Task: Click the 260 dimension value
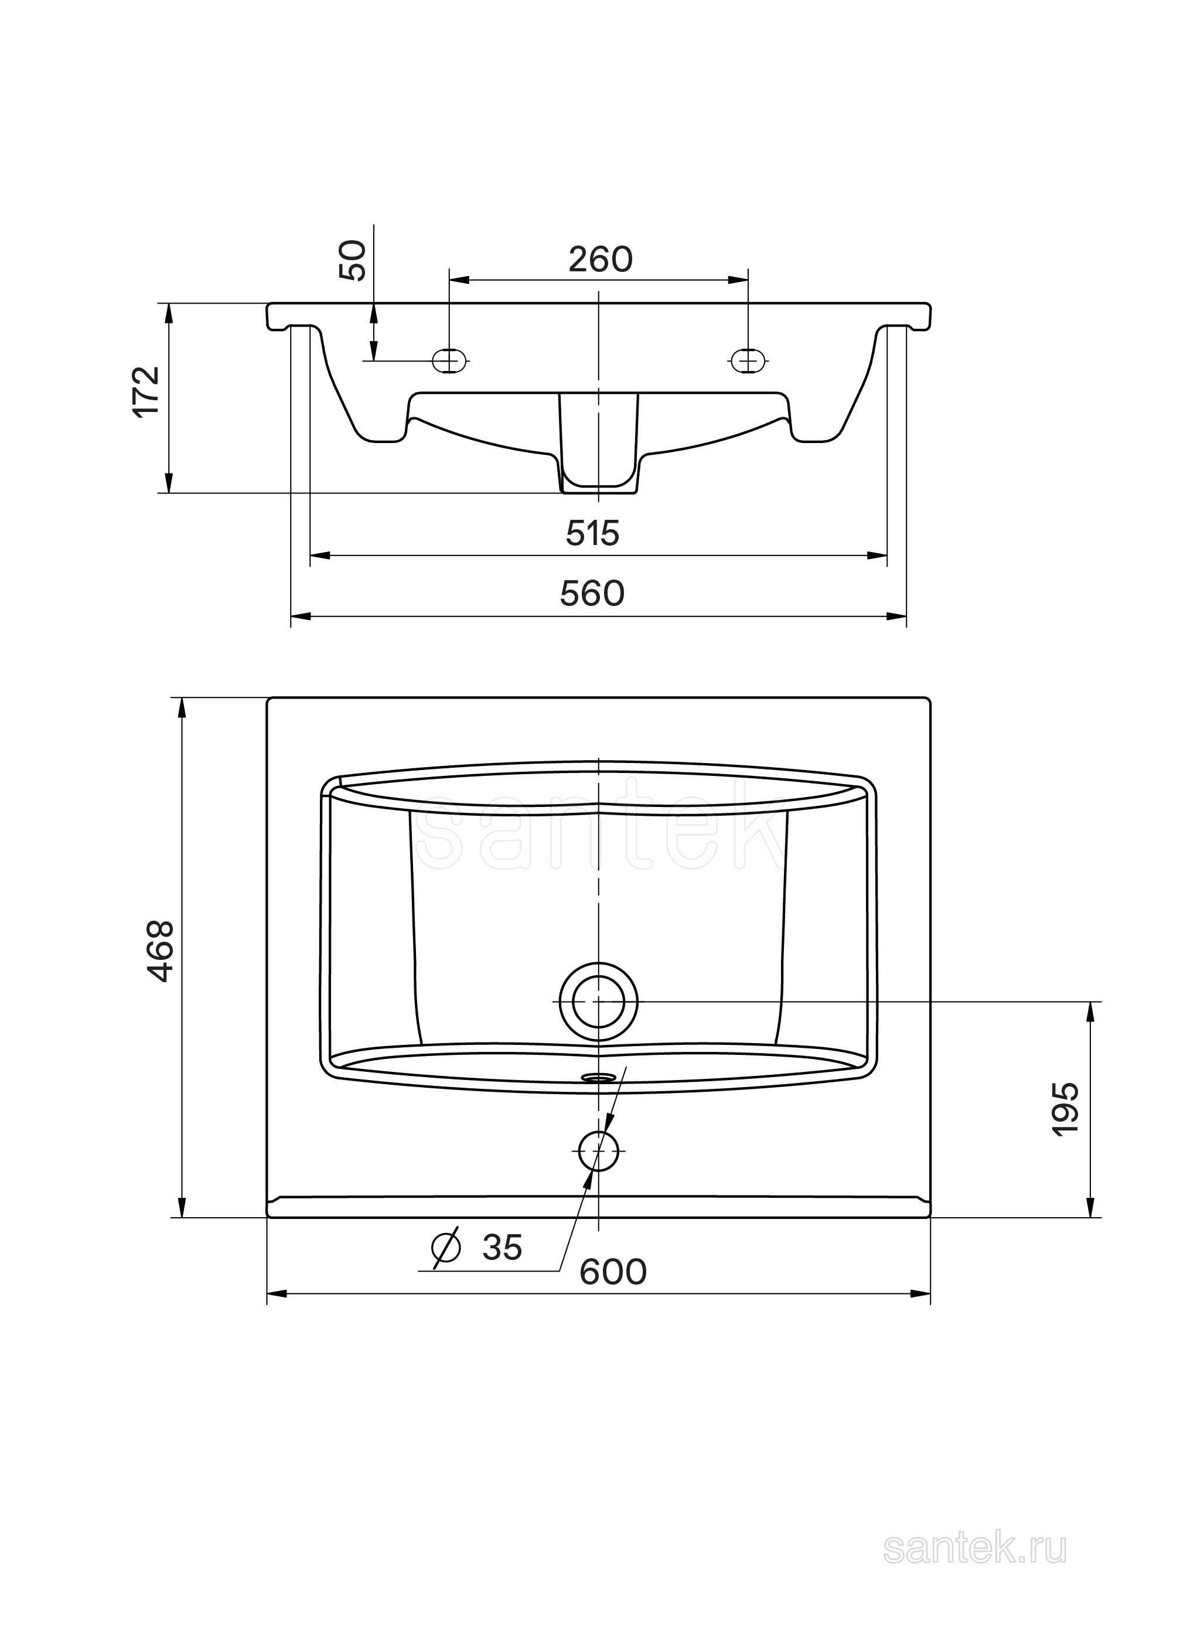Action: point(601,260)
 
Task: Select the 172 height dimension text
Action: point(147,391)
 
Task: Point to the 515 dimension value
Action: point(592,533)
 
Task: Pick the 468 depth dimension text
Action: point(159,951)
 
